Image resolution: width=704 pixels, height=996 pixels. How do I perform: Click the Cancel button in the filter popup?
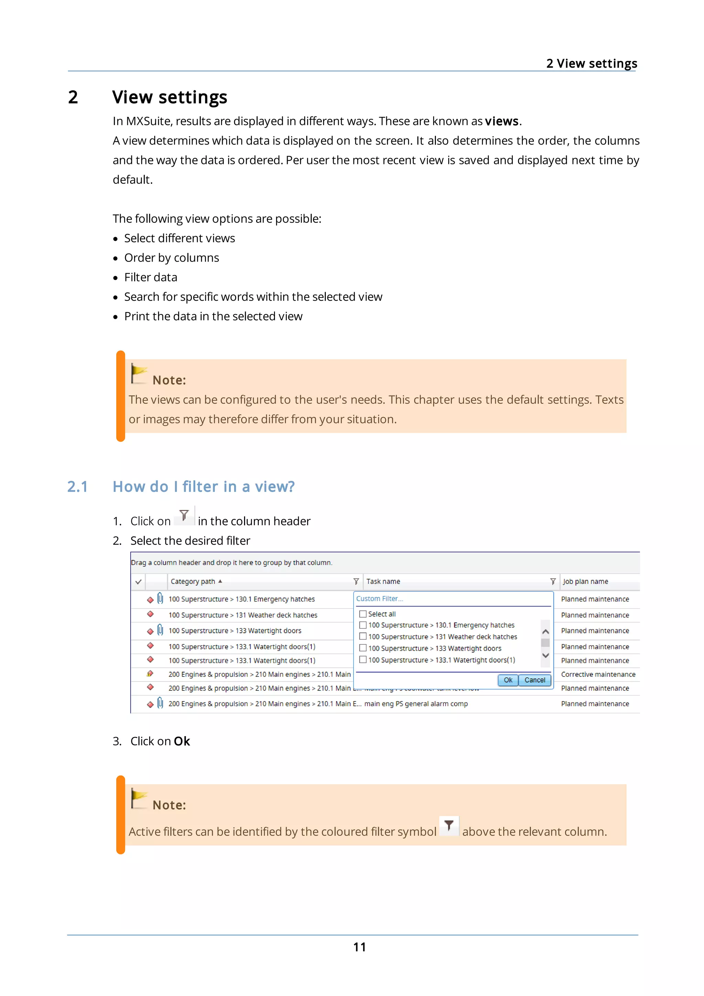pos(535,680)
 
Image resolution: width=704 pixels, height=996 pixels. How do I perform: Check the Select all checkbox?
pos(363,614)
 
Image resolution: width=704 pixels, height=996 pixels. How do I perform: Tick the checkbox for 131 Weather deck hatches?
pos(363,637)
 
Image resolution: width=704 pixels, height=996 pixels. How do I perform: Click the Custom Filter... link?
pos(379,599)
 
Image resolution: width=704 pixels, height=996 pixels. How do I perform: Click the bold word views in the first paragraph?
pos(502,121)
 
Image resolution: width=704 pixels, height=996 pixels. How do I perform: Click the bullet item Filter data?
pos(151,277)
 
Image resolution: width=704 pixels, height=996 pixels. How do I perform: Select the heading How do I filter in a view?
pos(203,487)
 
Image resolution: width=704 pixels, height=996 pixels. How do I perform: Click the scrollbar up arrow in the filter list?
pos(546,632)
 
